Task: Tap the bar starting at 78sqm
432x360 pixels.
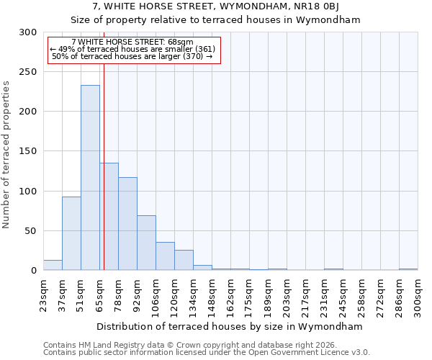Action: [127, 224]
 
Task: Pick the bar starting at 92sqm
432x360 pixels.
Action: [146, 243]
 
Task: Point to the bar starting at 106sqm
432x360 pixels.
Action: [165, 256]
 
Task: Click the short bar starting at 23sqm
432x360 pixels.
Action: [53, 266]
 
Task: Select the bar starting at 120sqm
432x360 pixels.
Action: [184, 260]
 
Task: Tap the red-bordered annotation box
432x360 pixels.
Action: [133, 50]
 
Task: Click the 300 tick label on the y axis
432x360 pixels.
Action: [28, 32]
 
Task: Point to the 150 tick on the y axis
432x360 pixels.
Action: [28, 151]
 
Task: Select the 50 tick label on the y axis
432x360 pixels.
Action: [31, 231]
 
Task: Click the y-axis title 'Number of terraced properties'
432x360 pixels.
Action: [6, 154]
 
